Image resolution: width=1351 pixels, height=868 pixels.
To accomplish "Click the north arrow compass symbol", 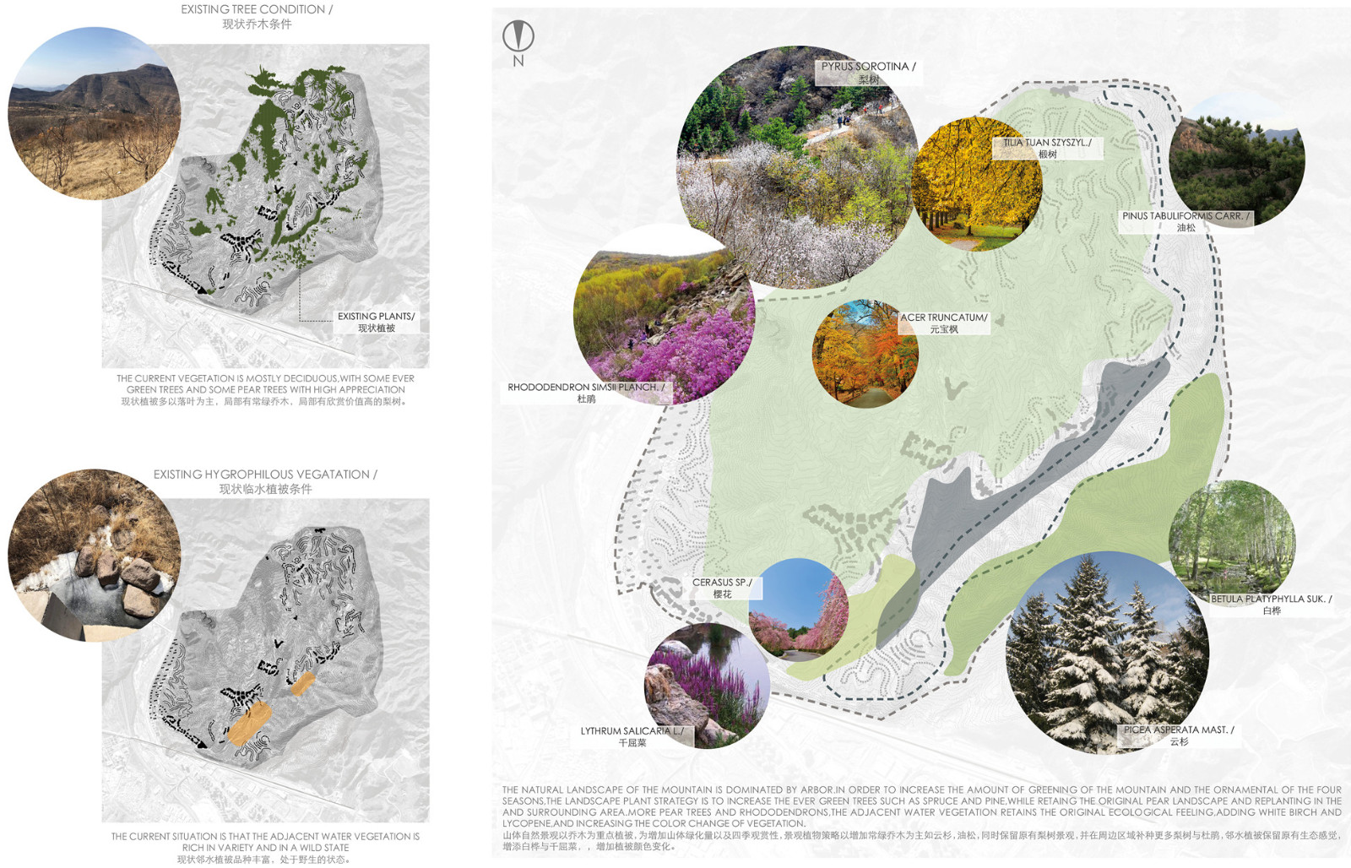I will click(518, 35).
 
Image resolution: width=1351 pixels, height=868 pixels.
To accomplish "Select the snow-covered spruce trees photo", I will click(1107, 652).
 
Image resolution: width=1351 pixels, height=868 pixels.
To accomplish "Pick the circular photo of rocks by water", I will click(94, 555).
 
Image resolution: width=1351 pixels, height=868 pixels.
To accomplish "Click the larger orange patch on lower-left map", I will click(249, 724).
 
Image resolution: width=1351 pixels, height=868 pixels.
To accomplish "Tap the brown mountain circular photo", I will click(94, 113).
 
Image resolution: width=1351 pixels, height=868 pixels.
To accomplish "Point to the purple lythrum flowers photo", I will click(708, 686).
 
